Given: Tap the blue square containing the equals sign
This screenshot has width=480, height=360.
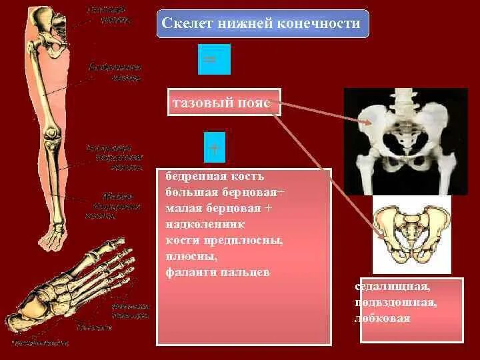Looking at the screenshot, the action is pos(214,59).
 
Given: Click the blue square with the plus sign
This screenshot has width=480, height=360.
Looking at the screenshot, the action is pos(214,147).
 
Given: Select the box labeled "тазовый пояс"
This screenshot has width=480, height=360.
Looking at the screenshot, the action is pos(224,103).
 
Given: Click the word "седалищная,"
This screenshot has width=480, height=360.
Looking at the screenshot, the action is pos(393,288).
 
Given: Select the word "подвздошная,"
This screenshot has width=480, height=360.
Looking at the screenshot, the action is pos(396,303).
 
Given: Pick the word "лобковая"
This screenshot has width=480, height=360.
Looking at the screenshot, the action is pos(383,319).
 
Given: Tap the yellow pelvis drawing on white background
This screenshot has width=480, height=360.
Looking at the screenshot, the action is pos(411,233).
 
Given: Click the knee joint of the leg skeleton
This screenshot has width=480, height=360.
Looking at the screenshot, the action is pos(51,141).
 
